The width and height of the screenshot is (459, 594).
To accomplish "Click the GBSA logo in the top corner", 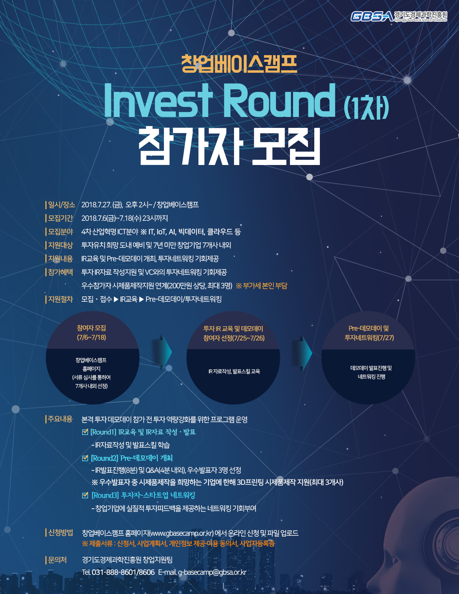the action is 399,16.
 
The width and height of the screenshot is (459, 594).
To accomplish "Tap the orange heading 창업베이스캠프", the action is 239,64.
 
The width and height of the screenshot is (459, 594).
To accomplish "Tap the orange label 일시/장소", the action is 61,204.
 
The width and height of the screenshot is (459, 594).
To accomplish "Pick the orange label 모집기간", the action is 60,218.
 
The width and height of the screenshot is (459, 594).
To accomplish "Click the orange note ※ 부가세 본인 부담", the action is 261,286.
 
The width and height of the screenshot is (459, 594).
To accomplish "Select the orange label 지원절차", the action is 60,299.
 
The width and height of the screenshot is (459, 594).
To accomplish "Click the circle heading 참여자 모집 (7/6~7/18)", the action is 91,332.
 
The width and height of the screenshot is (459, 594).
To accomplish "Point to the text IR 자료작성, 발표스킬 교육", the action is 234,371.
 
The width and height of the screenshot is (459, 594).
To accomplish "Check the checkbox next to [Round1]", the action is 85,432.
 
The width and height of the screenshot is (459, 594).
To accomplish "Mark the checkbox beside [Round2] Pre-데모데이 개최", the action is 85,458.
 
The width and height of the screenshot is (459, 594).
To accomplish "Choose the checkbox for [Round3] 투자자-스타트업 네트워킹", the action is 85,495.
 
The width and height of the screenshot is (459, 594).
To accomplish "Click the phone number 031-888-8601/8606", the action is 123,572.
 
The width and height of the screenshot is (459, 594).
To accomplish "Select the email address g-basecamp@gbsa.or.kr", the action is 212,572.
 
